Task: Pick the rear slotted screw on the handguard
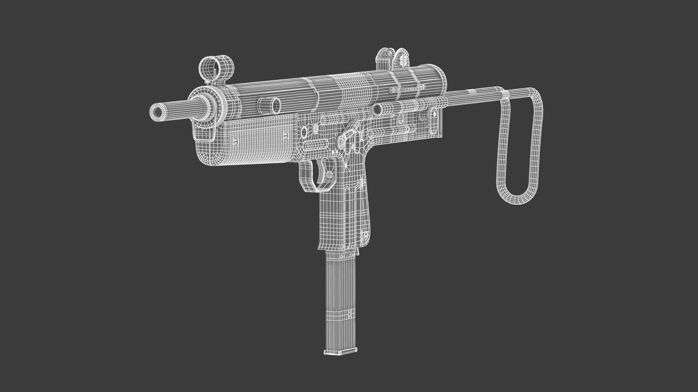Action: click(286, 134)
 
